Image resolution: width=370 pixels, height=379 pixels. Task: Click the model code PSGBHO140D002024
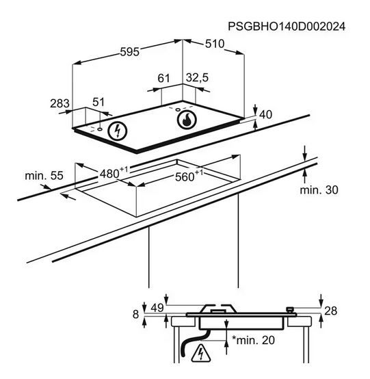[x=287, y=27]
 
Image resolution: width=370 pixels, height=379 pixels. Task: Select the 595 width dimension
[x=130, y=52]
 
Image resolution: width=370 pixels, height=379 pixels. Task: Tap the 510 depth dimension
[x=215, y=44]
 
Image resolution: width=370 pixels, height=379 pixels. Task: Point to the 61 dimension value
[x=163, y=78]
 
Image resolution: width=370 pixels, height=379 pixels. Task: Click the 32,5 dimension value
[x=197, y=78]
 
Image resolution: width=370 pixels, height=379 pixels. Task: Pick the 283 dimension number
[x=60, y=104]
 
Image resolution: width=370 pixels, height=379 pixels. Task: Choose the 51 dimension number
[x=98, y=102]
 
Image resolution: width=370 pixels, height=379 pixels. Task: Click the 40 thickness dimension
[x=265, y=114]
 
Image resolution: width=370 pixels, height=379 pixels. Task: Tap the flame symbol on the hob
[x=187, y=120]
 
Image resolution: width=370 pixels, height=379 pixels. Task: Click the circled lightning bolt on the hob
[x=118, y=131]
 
